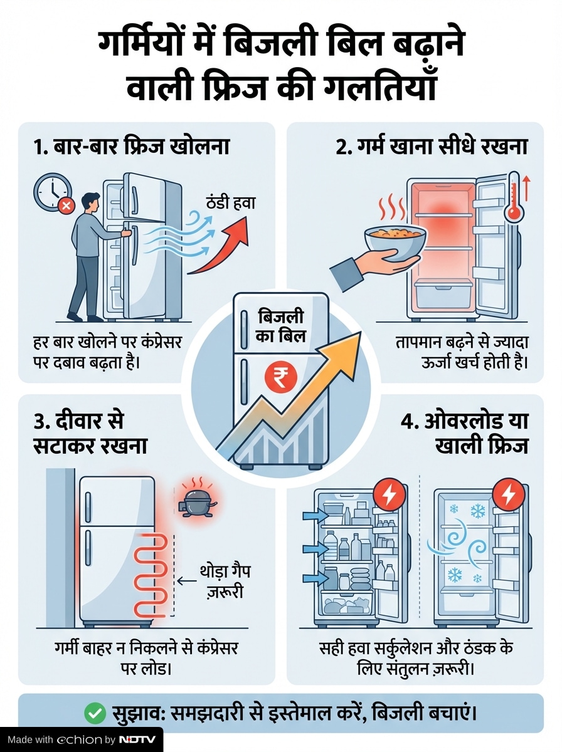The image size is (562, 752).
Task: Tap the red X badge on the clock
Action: pos(67,206)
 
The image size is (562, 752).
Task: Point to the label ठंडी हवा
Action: pos(231,203)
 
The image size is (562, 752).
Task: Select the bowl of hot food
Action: pos(395,243)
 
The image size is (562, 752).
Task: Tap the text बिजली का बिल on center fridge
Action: pos(281,326)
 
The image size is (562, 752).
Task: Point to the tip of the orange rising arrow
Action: pos(361,332)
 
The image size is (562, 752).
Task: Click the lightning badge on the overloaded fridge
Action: pos(389,494)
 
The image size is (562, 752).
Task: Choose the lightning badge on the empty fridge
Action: pos(509,494)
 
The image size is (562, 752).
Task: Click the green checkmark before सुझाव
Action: pos(95,714)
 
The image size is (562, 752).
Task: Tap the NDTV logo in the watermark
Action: pos(137,740)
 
